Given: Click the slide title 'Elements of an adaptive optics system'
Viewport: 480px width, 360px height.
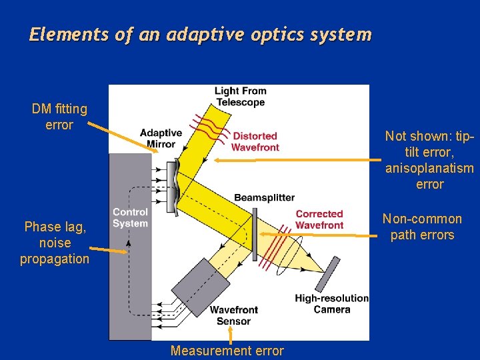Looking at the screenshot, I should click(200, 35).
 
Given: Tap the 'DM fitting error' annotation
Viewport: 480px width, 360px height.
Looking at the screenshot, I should click(59, 117).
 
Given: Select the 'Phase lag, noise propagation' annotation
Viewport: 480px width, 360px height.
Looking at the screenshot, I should click(55, 243).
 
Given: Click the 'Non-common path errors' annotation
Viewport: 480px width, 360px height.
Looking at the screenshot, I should click(422, 227).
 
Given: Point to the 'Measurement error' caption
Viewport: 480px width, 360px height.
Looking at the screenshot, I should click(227, 351).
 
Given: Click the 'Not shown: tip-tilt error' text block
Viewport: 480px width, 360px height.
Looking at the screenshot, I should click(429, 160).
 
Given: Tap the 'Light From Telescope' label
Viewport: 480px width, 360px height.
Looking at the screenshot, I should click(240, 97).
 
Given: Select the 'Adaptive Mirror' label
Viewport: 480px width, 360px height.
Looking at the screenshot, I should click(161, 138).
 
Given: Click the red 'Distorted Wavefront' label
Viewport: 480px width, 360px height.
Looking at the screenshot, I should click(255, 141).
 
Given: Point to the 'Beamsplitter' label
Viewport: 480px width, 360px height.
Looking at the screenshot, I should click(264, 198).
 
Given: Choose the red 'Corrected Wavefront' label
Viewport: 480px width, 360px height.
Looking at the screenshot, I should click(319, 219).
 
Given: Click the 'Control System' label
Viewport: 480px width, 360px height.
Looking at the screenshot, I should click(130, 218).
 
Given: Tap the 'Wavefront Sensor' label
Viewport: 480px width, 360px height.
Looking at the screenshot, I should click(233, 315).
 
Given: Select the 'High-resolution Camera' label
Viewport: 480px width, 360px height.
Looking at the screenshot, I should click(331, 303).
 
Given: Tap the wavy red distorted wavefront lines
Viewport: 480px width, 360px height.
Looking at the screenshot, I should click(208, 123).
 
